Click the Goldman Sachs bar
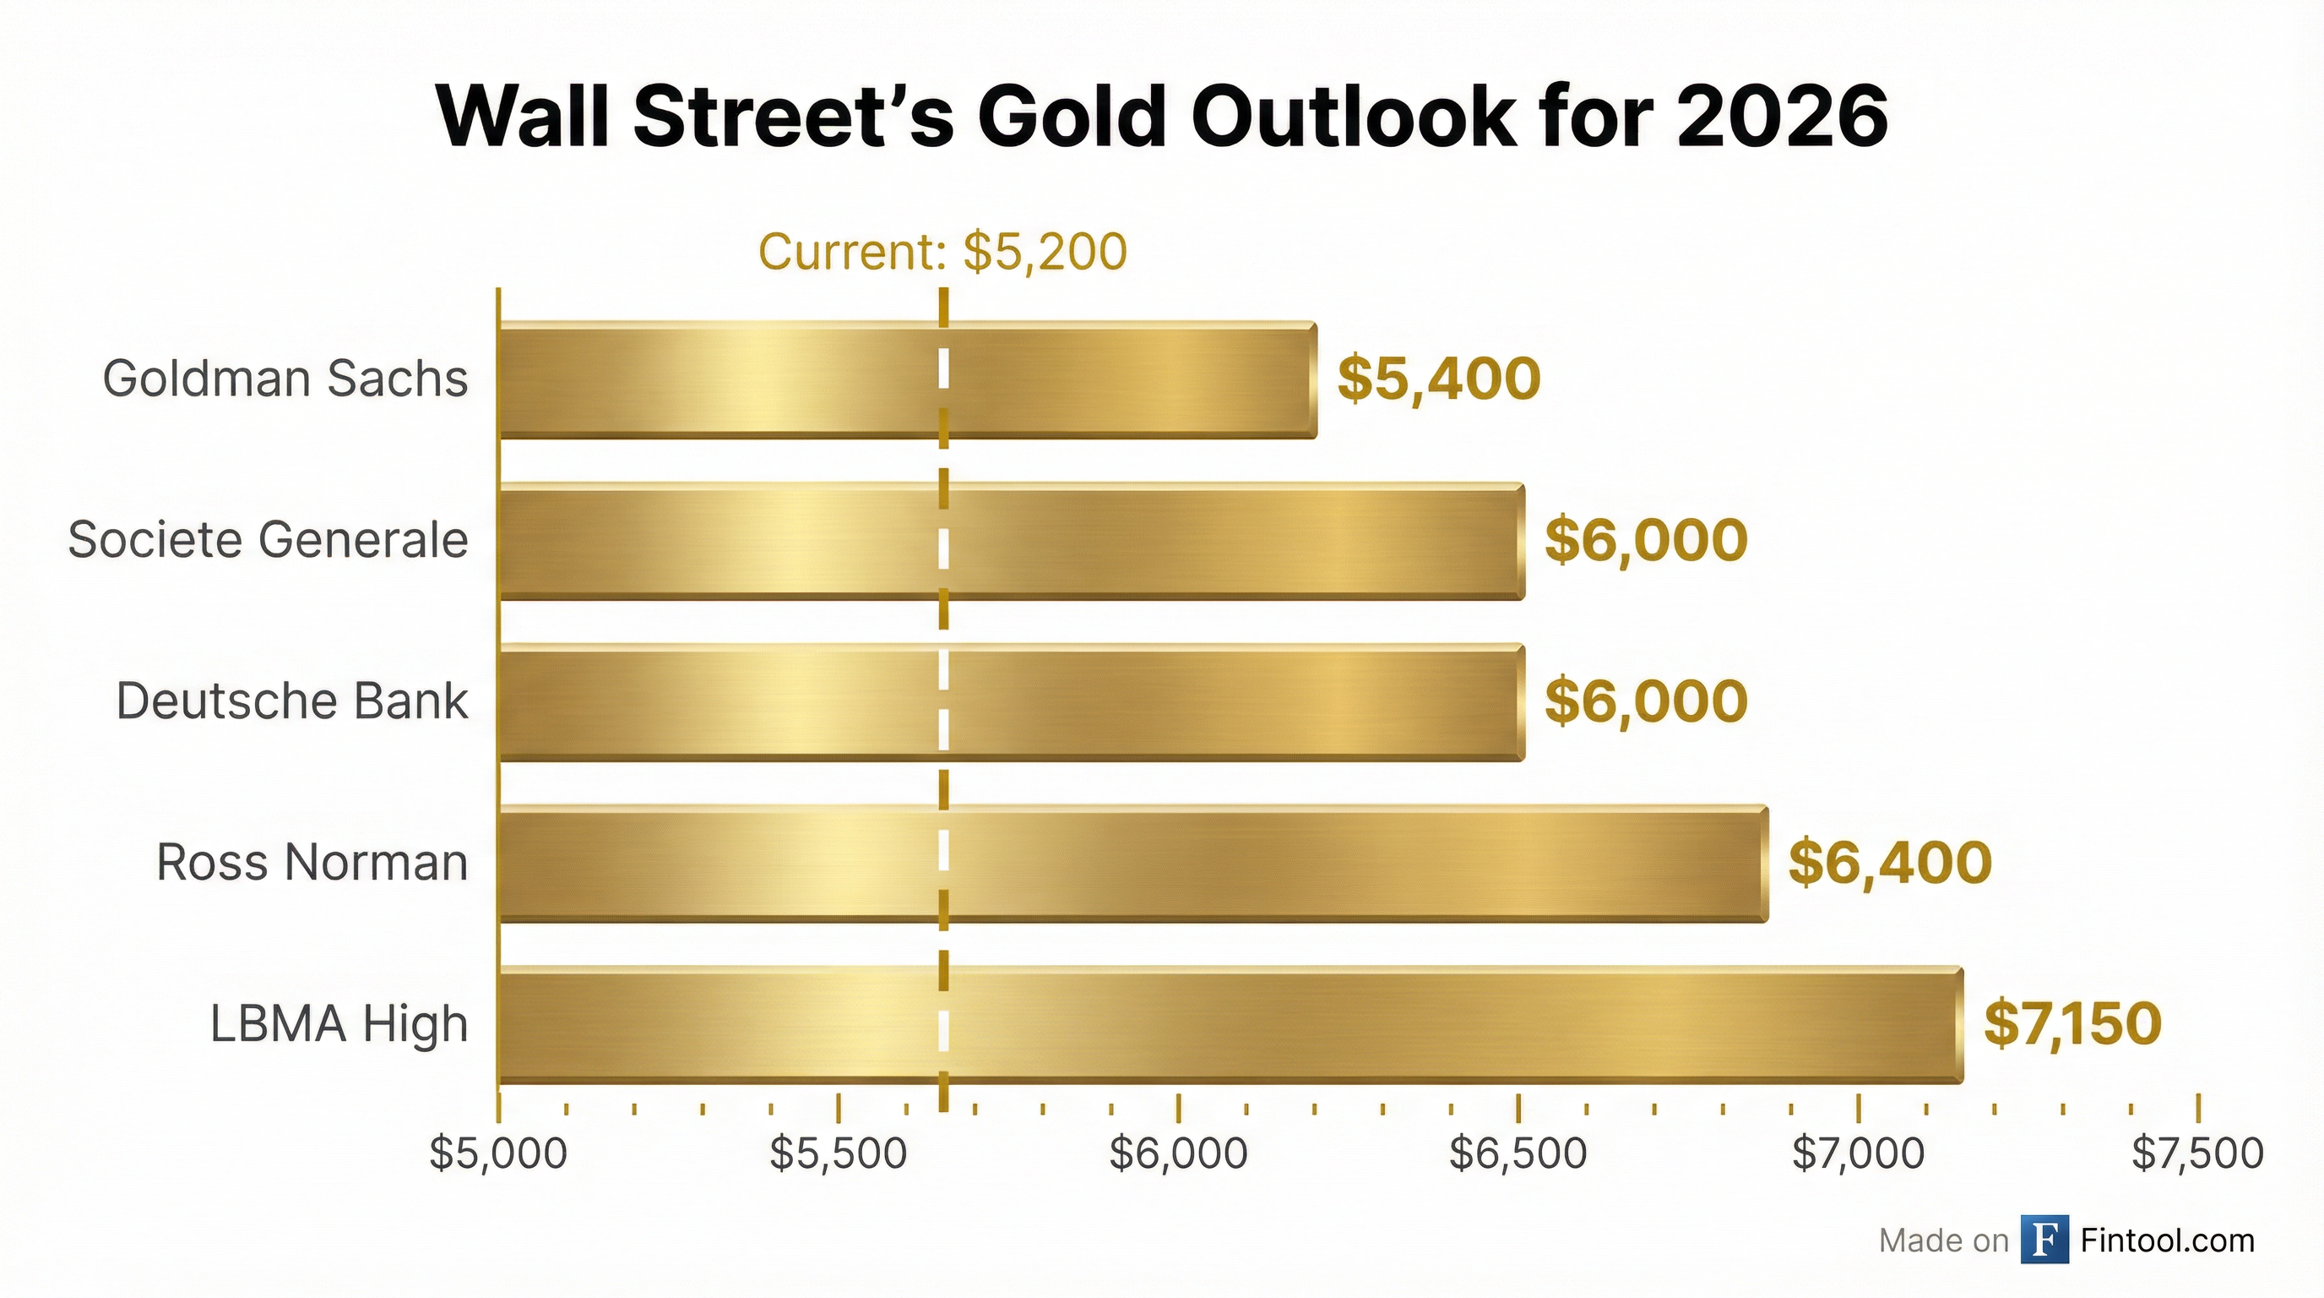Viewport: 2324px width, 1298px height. click(907, 379)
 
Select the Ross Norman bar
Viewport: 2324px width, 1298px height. click(1132, 863)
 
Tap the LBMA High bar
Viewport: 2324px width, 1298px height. click(1230, 1024)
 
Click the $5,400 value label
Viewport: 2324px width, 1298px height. click(1438, 379)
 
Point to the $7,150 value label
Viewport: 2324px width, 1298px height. click(2072, 1024)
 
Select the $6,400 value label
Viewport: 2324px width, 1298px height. click(1890, 863)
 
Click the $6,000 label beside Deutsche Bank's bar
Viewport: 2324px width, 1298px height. click(1647, 702)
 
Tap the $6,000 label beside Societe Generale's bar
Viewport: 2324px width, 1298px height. click(1647, 541)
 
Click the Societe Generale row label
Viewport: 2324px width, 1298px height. click(268, 541)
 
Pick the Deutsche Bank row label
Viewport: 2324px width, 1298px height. click(292, 702)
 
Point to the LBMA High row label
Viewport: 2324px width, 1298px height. click(339, 1024)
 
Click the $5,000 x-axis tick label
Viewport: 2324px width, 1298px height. click(498, 1154)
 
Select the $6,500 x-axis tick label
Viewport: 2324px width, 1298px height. click(1518, 1154)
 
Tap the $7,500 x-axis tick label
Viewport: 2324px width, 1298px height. click(2197, 1154)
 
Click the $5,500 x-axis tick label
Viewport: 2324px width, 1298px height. click(838, 1154)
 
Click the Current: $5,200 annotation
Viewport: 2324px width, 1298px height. click(942, 252)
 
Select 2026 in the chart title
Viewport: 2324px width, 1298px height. click(1781, 118)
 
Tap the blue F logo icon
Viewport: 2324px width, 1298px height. click(2044, 1241)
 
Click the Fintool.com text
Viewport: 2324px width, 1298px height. click(2167, 1241)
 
